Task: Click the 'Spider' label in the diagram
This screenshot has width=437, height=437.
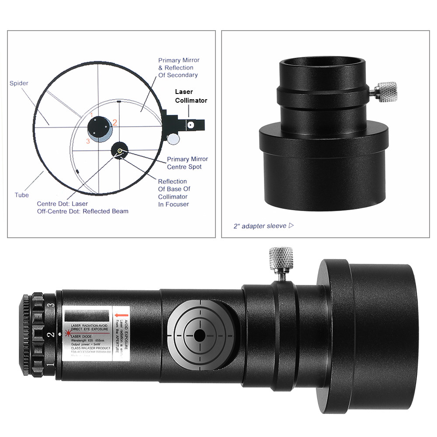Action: (18, 83)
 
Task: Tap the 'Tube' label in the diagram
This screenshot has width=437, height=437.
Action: (22, 195)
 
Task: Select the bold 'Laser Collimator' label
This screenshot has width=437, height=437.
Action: (191, 96)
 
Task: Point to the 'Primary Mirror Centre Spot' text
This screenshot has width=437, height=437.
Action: (187, 163)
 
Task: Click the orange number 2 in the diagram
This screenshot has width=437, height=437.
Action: (115, 123)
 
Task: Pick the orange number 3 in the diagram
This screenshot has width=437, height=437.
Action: (88, 141)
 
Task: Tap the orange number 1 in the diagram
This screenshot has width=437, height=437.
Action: (92, 115)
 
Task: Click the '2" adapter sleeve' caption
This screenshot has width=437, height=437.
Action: (260, 226)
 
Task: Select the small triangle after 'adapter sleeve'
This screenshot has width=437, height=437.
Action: (291, 225)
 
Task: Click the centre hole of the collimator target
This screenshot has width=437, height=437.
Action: (200, 336)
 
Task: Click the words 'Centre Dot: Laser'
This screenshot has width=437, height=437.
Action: (62, 204)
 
